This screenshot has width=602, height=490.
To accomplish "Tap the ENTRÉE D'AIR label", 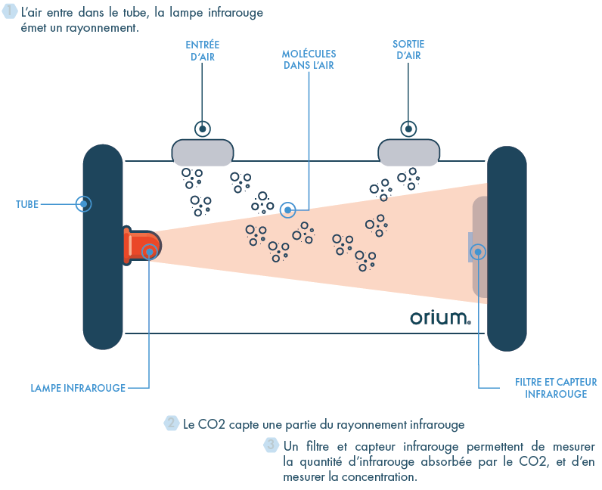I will click(x=202, y=50).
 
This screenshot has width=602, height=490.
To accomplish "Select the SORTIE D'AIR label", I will click(x=408, y=50).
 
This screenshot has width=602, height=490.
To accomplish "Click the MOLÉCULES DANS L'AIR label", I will click(x=309, y=60).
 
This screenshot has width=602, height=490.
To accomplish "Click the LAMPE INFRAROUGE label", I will click(x=78, y=388).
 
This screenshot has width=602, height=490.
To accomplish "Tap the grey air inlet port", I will click(x=202, y=153).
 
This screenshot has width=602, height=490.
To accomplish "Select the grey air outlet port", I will click(x=408, y=153).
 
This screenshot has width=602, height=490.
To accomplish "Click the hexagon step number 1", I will click(x=11, y=13).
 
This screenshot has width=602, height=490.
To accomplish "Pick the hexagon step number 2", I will click(x=172, y=423).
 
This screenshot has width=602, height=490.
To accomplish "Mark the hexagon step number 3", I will click(x=270, y=445).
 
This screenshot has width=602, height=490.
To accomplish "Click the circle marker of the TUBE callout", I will click(x=84, y=204).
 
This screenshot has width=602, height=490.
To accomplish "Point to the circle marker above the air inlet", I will click(x=202, y=129).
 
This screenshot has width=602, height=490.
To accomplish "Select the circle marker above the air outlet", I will click(x=408, y=129).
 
